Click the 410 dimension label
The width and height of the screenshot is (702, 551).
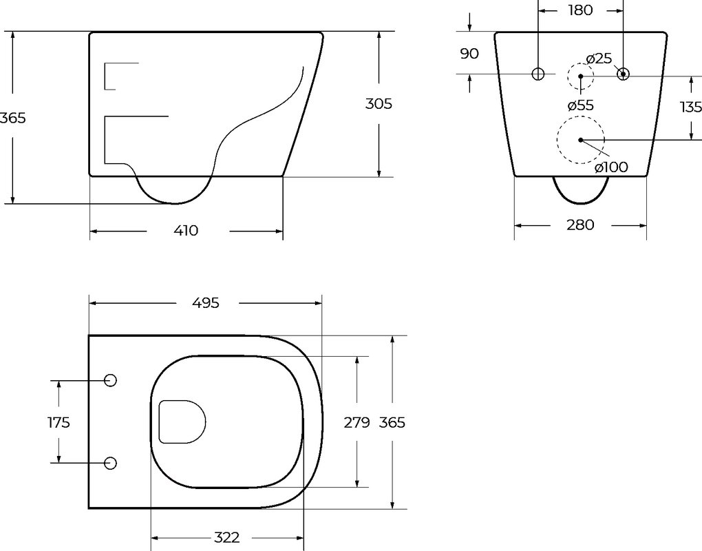[186, 231]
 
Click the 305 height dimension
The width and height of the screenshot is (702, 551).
[379, 104]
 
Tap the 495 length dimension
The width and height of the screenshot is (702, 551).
[206, 303]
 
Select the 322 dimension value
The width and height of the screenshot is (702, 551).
[226, 537]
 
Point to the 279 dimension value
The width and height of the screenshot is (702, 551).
[357, 422]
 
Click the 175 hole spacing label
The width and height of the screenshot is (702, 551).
[59, 422]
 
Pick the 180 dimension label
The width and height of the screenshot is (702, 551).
[581, 10]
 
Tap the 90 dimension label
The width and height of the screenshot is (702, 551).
[469, 54]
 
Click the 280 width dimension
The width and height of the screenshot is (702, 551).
[580, 225]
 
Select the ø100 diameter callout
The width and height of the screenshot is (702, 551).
[611, 167]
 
